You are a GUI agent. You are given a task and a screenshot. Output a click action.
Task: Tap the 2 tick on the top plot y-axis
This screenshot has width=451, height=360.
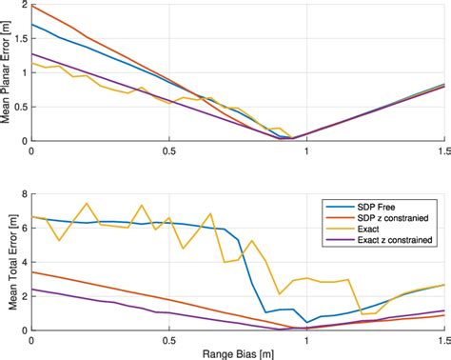[24, 6]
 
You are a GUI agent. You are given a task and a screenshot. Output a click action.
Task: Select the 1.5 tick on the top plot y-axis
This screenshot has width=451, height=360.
[20, 40]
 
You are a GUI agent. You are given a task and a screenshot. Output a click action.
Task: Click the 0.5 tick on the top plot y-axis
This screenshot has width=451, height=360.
[20, 107]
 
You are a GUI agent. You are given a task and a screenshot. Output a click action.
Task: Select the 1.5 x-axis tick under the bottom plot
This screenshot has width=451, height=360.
[442, 340]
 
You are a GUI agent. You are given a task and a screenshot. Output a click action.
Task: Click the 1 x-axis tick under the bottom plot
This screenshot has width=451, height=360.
[306, 340]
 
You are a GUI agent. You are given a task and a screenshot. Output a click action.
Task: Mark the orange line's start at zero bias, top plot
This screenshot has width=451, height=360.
[32, 6]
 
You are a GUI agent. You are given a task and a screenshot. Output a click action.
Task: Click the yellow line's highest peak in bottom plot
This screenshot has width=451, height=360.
[87, 203]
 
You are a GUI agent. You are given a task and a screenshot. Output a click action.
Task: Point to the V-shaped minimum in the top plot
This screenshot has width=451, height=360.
[291, 138]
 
